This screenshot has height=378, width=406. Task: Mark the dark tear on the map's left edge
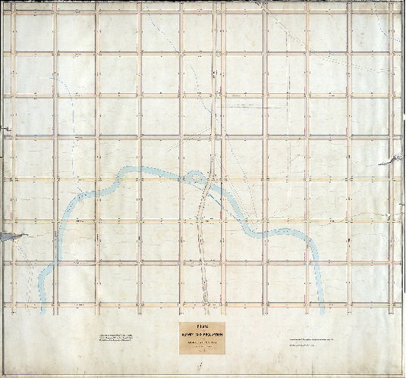click(5, 237)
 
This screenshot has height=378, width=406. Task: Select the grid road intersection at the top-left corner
click(14, 11)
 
